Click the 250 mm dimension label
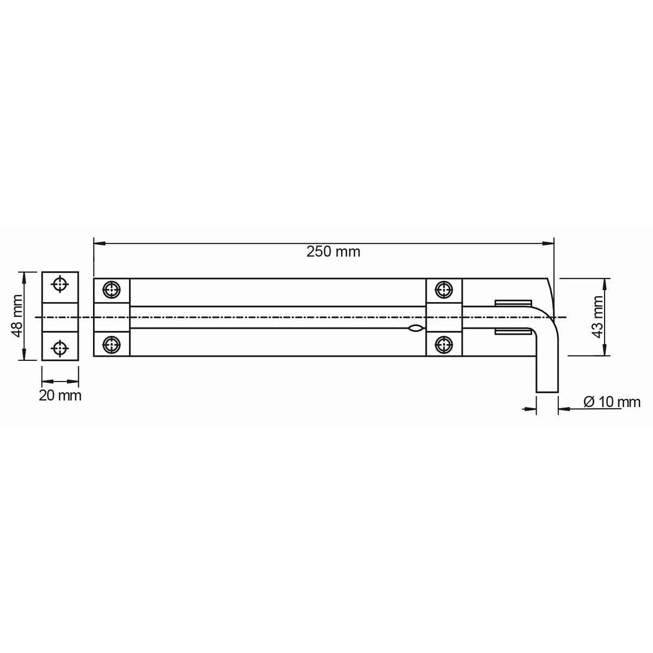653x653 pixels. [x=333, y=252]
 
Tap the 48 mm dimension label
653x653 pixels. [x=17, y=316]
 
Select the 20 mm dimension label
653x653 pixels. [x=60, y=396]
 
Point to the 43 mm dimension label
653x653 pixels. [x=598, y=317]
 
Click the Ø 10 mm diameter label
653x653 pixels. [x=612, y=402]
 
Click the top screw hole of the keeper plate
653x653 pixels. [x=60, y=284]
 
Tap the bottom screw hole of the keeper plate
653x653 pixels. [x=60, y=348]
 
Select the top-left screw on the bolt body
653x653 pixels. [x=112, y=290]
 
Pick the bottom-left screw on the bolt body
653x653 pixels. [x=112, y=345]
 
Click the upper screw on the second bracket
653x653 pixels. [x=443, y=290]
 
